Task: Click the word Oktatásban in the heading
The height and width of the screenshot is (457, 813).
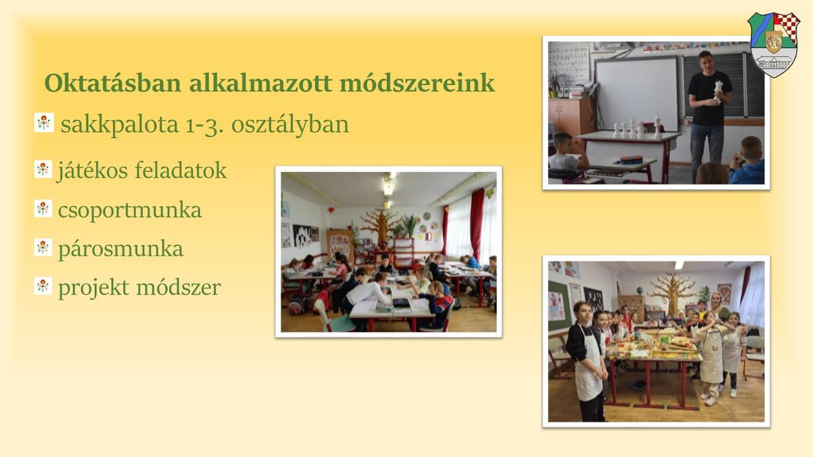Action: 113,83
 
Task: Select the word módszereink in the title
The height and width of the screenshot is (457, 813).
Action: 417,83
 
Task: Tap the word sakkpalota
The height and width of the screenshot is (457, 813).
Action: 119,124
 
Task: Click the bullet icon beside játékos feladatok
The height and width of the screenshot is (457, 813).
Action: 43,169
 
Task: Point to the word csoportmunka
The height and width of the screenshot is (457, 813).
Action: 130,210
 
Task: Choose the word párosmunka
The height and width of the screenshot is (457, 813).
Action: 121,249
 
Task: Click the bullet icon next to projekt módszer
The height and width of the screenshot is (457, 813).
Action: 43,286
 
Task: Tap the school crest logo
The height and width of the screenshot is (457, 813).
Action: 774,44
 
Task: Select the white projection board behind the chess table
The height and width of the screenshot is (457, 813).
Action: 637,93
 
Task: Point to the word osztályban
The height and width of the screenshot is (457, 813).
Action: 290,124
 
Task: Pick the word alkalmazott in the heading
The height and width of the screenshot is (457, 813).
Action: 260,83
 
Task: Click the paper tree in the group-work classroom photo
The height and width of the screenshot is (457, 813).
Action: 381,227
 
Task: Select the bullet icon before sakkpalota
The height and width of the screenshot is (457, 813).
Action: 44,123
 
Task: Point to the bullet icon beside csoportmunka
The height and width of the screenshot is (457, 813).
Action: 43,209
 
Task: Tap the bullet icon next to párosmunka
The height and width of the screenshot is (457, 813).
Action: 43,248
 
